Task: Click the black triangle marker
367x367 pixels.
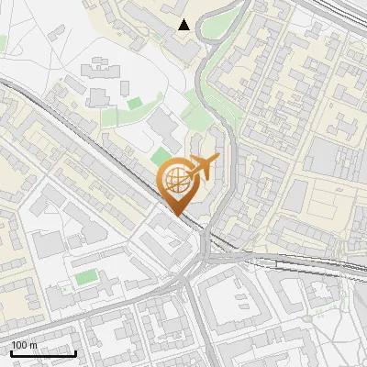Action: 184,25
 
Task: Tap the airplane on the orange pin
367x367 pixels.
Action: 201,167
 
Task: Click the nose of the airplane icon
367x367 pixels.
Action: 218,160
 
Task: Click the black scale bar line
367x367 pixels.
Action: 43,353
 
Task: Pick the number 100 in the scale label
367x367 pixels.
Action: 20,345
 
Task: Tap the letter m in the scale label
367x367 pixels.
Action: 33,345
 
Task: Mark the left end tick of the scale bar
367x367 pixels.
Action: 11,352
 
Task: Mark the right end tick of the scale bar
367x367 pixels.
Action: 75,352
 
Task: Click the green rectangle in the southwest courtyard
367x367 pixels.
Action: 85,276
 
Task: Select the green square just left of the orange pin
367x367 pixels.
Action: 161,156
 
